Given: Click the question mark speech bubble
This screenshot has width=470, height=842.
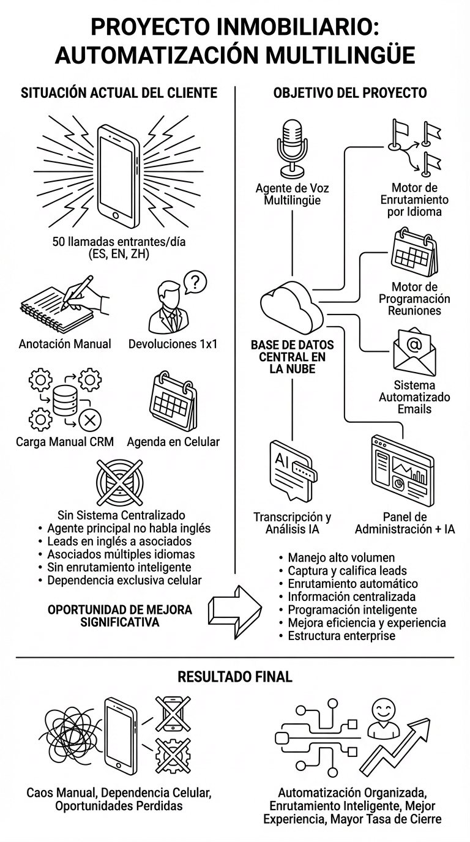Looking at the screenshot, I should [x=195, y=283].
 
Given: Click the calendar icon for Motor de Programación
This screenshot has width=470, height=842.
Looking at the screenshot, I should [x=414, y=253].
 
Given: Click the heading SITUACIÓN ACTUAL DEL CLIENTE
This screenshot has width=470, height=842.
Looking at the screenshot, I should [x=119, y=93].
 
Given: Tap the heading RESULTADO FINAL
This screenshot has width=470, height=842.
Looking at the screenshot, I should [x=234, y=677].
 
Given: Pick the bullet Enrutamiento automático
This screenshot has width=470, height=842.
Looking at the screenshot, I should [x=352, y=583].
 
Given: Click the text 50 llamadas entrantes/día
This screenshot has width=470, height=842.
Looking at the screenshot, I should [x=120, y=242].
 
